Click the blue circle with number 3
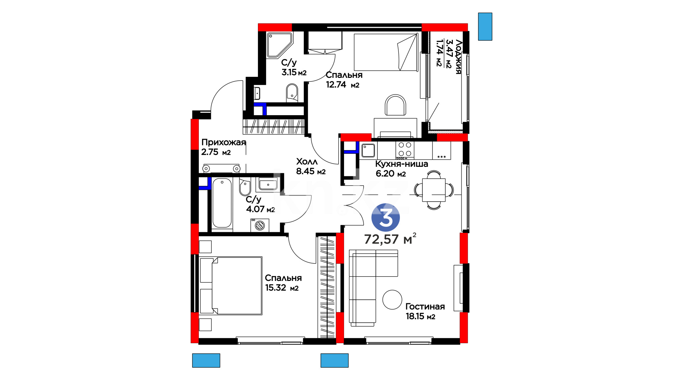pyautogui.click(x=386, y=218)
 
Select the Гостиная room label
pyautogui.click(x=425, y=306)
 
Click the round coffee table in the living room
pyautogui.click(x=392, y=300)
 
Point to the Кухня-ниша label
pyautogui.click(x=402, y=164)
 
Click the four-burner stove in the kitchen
pyautogui.click(x=405, y=150)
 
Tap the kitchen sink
pyautogui.click(x=368, y=150)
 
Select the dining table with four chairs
pyautogui.click(x=434, y=190)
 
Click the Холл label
pyautogui.click(x=307, y=162)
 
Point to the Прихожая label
pyautogui.click(x=223, y=143)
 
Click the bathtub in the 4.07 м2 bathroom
pyautogui.click(x=222, y=203)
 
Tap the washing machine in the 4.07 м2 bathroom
pyautogui.click(x=260, y=225)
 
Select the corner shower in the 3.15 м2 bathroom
pyautogui.click(x=280, y=45)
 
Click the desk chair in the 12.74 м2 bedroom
pyautogui.click(x=395, y=105)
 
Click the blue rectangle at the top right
pyautogui.click(x=485, y=27)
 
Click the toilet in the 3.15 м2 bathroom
pyautogui.click(x=292, y=93)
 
